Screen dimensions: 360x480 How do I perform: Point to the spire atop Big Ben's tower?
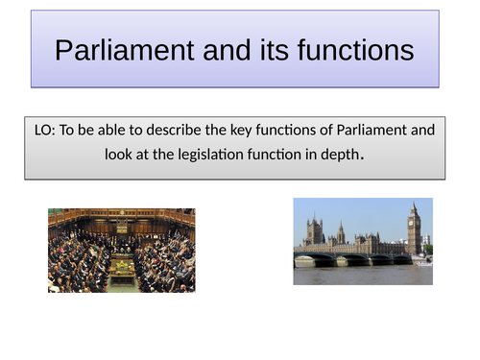414,204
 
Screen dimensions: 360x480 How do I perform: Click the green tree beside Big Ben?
428,249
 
